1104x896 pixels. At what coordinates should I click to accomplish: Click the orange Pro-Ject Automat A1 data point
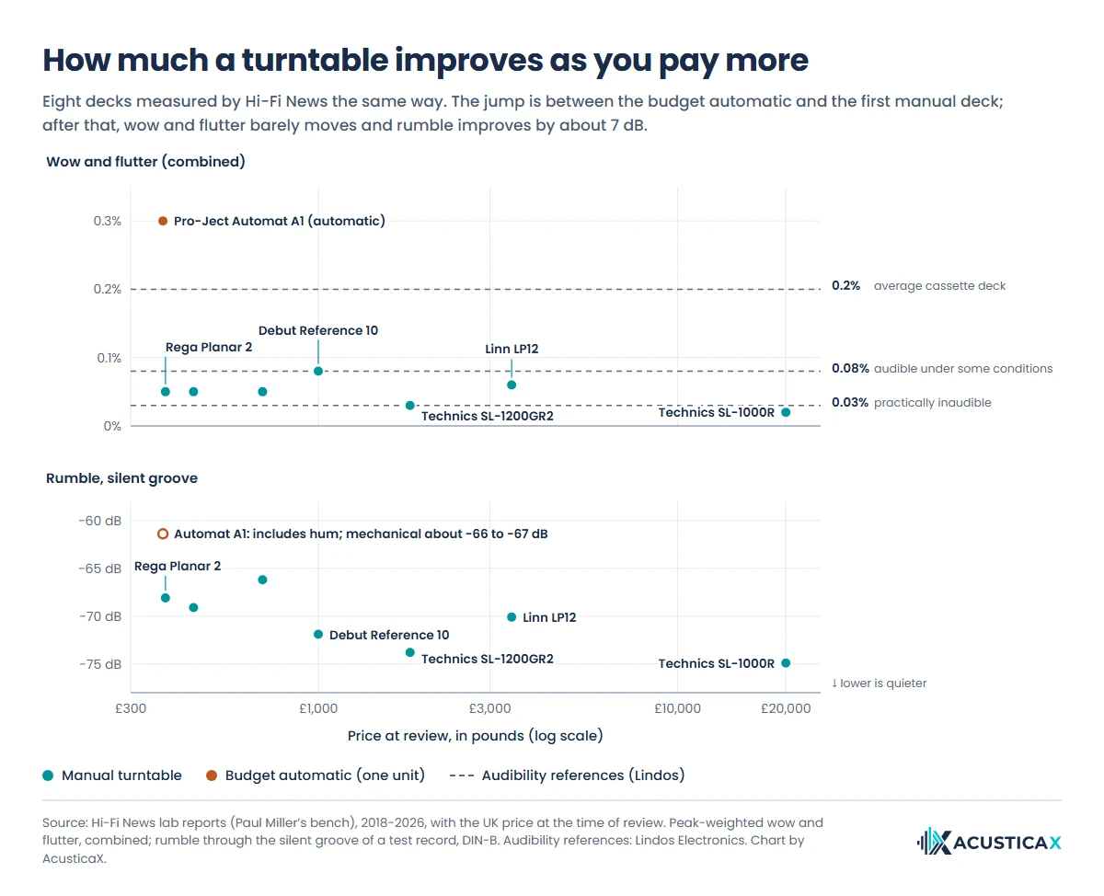click(x=163, y=221)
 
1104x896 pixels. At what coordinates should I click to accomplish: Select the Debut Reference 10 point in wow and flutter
click(x=318, y=371)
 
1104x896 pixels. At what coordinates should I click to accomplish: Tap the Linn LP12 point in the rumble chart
click(x=512, y=616)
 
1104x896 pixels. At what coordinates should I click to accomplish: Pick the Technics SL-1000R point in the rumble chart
click(x=786, y=663)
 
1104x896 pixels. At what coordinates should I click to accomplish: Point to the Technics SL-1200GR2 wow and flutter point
click(x=410, y=406)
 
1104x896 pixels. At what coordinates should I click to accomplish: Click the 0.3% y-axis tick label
click(x=108, y=222)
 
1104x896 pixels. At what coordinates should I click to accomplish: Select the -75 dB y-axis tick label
click(x=100, y=664)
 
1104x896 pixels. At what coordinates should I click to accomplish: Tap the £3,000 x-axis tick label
click(x=489, y=708)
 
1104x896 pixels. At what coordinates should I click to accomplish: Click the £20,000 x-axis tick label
click(x=786, y=708)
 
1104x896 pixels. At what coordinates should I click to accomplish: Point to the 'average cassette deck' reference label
click(x=939, y=285)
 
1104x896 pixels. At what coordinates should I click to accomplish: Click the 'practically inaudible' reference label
click(x=933, y=403)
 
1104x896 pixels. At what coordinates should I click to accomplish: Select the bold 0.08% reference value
click(x=850, y=369)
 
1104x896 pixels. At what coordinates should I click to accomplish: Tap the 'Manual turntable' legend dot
click(x=48, y=775)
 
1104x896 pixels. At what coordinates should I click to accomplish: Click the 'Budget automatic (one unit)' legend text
click(x=325, y=775)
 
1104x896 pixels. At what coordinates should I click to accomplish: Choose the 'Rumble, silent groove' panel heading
click(x=121, y=478)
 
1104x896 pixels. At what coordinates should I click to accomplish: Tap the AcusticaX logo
click(x=989, y=842)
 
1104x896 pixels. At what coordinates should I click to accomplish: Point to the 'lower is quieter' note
click(x=879, y=683)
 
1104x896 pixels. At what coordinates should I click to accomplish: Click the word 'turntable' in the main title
click(x=315, y=60)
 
